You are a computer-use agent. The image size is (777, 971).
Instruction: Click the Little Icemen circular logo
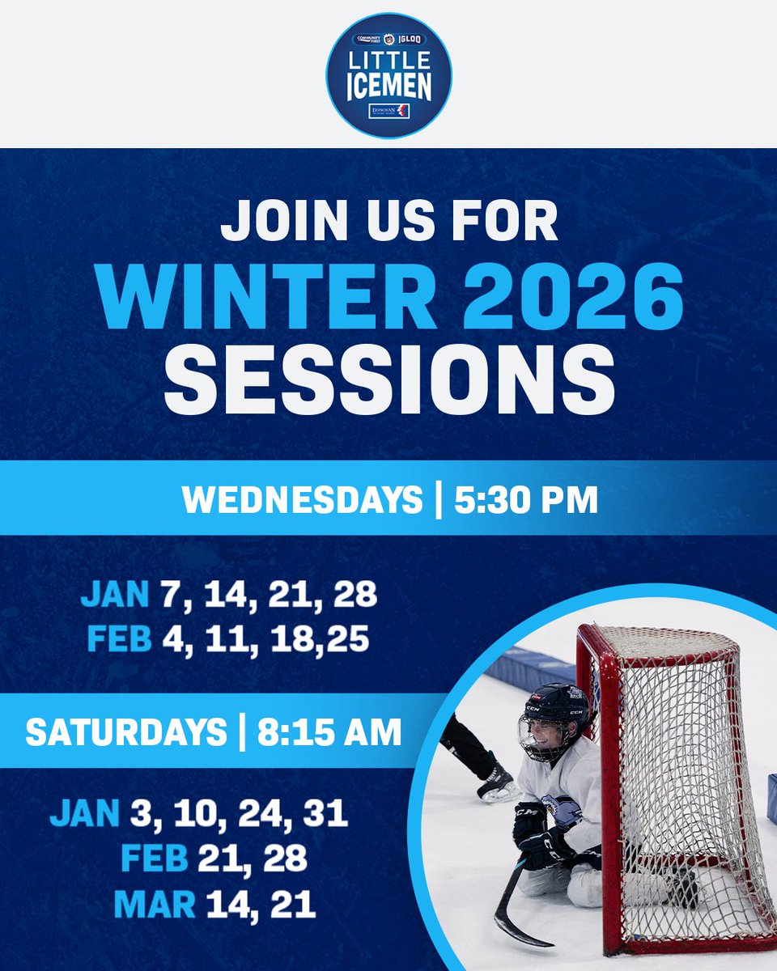tap(388, 74)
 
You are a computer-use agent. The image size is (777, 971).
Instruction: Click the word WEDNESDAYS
tap(302, 500)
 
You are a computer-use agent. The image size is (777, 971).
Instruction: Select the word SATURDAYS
tap(126, 732)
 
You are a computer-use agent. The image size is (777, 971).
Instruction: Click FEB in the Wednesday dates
tap(120, 639)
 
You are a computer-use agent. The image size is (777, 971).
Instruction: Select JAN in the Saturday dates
tap(83, 813)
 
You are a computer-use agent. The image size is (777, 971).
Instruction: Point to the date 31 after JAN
tap(325, 813)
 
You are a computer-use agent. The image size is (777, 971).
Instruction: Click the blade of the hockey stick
tap(518, 931)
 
